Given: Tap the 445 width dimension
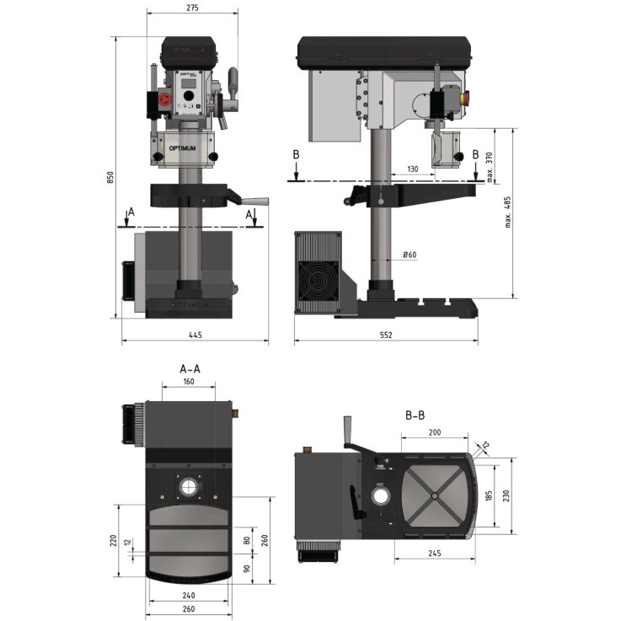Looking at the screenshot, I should point(195,335).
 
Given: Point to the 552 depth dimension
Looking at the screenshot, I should point(387,335).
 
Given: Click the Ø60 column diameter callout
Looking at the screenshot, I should point(410,254).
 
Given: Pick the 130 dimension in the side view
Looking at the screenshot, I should point(411,169).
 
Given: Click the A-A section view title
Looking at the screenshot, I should point(190,368).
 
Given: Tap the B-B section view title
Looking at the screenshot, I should point(415,415).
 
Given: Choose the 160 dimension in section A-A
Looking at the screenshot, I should point(188,382).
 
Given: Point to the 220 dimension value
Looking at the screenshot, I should point(113,539).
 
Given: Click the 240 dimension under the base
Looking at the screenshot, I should point(189,595).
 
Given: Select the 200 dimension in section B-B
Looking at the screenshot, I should point(434,431).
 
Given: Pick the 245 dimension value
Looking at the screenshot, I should point(433,554).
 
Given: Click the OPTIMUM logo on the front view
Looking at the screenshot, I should point(186,149).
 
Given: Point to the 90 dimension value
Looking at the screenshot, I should point(247,569).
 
